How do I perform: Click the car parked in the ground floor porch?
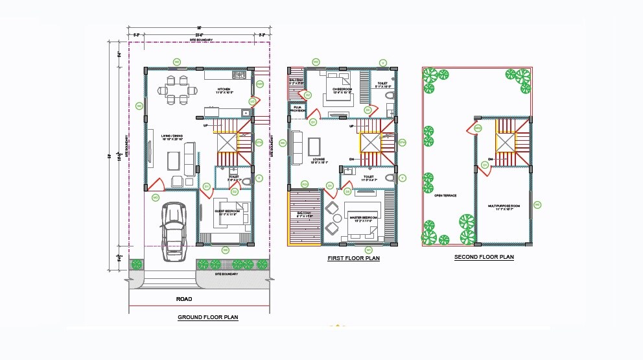[173, 231]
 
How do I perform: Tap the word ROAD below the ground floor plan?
[185, 299]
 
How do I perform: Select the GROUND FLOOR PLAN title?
[208, 318]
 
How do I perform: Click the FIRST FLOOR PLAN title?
[353, 258]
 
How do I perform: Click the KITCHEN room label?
[224, 91]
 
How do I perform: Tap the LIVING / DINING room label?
[172, 138]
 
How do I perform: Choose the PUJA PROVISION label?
[298, 109]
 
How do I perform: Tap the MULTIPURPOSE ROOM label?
[504, 208]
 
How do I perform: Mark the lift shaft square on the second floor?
[504, 141]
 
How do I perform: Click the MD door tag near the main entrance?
[156, 197]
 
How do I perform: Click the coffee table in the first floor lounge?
[314, 144]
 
